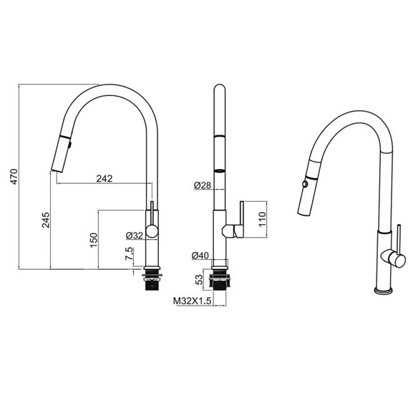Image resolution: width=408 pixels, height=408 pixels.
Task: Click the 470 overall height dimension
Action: pyautogui.click(x=14, y=177)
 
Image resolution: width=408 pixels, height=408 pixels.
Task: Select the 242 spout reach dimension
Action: pyautogui.click(x=105, y=178)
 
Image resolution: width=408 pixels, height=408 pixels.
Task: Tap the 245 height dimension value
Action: pyautogui.click(x=46, y=220)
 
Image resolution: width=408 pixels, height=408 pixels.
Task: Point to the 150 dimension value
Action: pyautogui.click(x=94, y=240)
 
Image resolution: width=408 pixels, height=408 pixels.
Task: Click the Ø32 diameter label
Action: pyautogui.click(x=135, y=235)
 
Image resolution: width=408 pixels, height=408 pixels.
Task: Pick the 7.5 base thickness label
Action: pyautogui.click(x=129, y=253)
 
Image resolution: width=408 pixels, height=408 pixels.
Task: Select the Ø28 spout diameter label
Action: pyautogui.click(x=203, y=185)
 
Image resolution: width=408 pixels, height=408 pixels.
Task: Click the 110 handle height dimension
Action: pyautogui.click(x=262, y=219)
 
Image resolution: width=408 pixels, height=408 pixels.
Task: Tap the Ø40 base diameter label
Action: pyautogui.click(x=200, y=256)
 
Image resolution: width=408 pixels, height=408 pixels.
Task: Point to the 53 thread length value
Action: pyautogui.click(x=199, y=280)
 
